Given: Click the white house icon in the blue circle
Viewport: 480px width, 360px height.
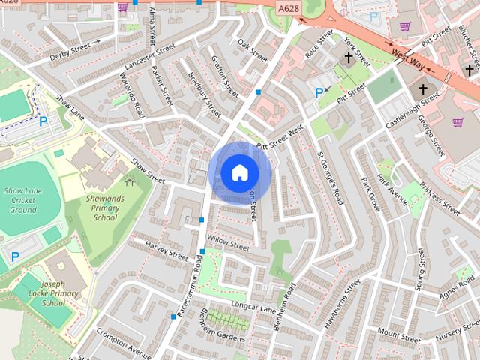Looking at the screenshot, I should coord(239,172).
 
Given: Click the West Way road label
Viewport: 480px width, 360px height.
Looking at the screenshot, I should coord(409,57).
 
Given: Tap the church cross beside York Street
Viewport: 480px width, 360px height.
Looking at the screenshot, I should coord(349,58).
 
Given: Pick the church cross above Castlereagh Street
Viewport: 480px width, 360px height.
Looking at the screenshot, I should coord(423,91).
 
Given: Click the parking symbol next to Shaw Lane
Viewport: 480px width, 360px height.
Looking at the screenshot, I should coord(43,121).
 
